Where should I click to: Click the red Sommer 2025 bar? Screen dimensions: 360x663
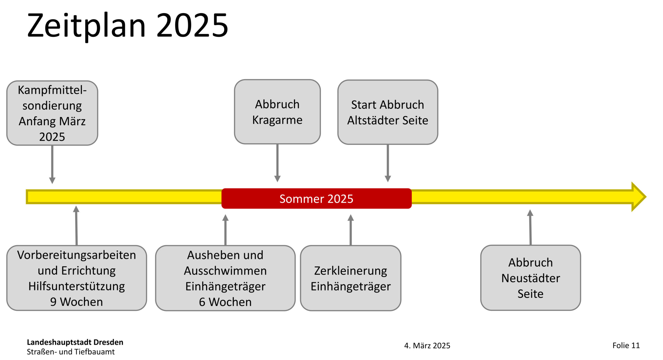(x=316, y=199)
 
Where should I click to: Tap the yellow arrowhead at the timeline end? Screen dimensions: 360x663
(x=638, y=197)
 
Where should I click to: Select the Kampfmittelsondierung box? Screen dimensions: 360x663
(x=52, y=113)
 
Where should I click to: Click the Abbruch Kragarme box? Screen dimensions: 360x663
(x=277, y=112)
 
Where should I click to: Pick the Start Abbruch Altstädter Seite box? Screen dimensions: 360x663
(x=387, y=112)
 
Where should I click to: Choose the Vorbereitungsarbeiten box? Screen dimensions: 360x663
(x=76, y=278)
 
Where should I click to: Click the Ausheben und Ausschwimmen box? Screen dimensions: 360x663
(x=225, y=278)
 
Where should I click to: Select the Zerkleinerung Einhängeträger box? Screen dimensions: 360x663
(x=350, y=278)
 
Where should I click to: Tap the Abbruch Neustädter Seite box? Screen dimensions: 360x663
(x=530, y=278)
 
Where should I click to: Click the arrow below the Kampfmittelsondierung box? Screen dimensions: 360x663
(x=52, y=165)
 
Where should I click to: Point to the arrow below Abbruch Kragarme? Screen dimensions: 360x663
(x=277, y=163)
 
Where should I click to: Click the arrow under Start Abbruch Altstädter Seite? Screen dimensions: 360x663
(x=387, y=163)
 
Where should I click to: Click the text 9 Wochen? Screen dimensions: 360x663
(x=76, y=302)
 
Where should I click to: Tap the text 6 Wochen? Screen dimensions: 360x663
(x=225, y=302)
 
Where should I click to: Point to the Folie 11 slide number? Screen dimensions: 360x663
(x=626, y=345)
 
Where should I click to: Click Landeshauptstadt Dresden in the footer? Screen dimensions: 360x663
(x=75, y=342)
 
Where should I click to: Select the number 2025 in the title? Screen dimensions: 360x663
(x=192, y=25)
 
